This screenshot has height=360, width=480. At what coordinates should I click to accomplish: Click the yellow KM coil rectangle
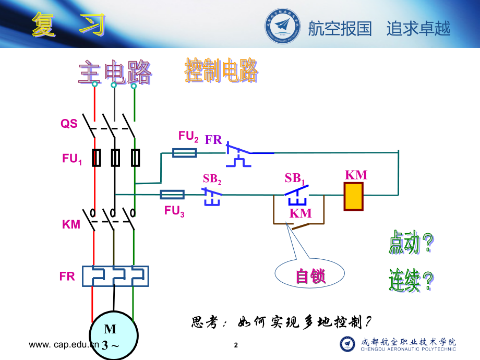click(x=353, y=196)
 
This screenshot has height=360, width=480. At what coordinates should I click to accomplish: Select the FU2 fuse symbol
click(x=185, y=153)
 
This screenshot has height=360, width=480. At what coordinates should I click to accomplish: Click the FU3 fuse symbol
click(x=172, y=195)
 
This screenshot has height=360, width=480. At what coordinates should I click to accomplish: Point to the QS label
click(x=69, y=124)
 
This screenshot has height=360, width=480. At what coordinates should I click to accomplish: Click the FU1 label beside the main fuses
click(x=73, y=159)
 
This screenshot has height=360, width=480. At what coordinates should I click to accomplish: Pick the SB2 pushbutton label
click(x=212, y=178)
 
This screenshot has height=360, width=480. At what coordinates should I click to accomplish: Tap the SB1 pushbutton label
click(x=295, y=178)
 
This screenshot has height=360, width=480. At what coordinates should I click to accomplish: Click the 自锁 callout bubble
click(x=310, y=275)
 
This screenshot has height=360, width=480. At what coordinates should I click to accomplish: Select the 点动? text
click(x=411, y=243)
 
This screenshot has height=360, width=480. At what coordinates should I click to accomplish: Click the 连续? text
click(x=411, y=281)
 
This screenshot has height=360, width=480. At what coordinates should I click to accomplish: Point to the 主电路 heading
click(x=115, y=73)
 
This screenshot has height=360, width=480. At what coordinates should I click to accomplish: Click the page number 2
click(x=236, y=345)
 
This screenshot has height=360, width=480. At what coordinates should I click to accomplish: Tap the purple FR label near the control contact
click(x=213, y=139)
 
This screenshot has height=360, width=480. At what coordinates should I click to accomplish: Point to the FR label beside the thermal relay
click(x=67, y=276)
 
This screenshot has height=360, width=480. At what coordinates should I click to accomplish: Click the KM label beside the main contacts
click(x=71, y=225)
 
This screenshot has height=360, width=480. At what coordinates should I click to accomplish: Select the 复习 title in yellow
click(x=68, y=25)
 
